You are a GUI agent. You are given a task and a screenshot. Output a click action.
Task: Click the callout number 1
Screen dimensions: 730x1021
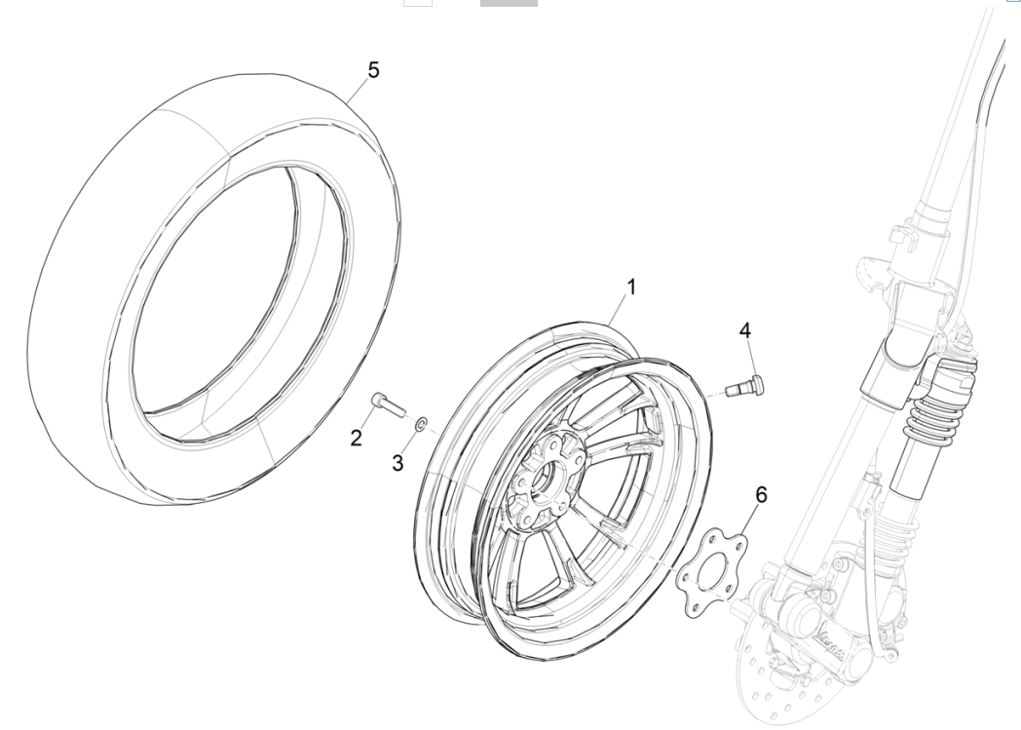tap(630, 288)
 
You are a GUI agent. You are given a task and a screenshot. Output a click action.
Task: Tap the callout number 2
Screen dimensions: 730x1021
tap(357, 438)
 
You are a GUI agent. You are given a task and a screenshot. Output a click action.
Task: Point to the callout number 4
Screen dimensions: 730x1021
tap(744, 331)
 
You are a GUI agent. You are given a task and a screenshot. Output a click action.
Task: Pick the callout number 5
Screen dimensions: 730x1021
tap(374, 70)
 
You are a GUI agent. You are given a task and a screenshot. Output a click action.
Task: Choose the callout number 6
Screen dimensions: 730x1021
tap(761, 495)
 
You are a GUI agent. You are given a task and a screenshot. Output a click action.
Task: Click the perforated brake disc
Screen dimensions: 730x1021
tap(779, 682)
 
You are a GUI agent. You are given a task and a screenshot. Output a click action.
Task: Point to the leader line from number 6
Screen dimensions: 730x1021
tap(748, 522)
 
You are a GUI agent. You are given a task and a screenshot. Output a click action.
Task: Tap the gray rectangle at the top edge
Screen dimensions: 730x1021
tap(508, 3)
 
